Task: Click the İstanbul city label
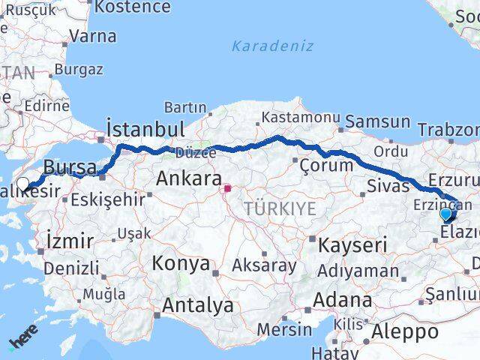click(145, 127)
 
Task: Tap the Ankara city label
click(187, 178)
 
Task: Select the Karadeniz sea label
click(272, 46)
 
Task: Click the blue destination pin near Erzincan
click(446, 214)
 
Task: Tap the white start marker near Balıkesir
click(23, 184)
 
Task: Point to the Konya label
click(181, 264)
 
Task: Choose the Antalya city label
click(197, 305)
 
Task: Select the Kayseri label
click(352, 244)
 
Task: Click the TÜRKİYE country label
click(280, 209)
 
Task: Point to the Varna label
click(92, 36)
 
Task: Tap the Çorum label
click(325, 164)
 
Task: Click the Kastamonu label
click(299, 118)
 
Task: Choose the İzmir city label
click(70, 241)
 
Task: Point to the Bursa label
click(70, 166)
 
